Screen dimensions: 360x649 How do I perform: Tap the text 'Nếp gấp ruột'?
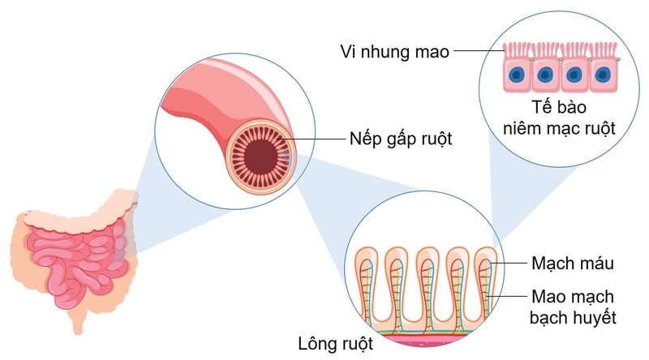point(401,139)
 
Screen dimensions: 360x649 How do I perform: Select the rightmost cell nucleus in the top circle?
point(602,75)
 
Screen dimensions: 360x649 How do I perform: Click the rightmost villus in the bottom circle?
point(488,280)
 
